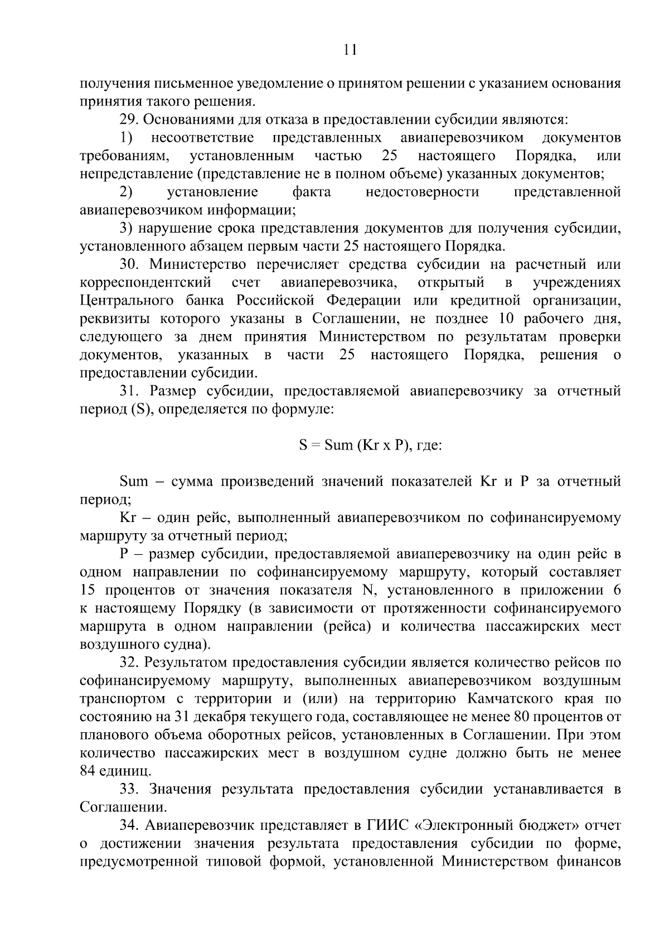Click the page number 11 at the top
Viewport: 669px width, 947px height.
point(350,50)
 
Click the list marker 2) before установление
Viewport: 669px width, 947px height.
point(126,192)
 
